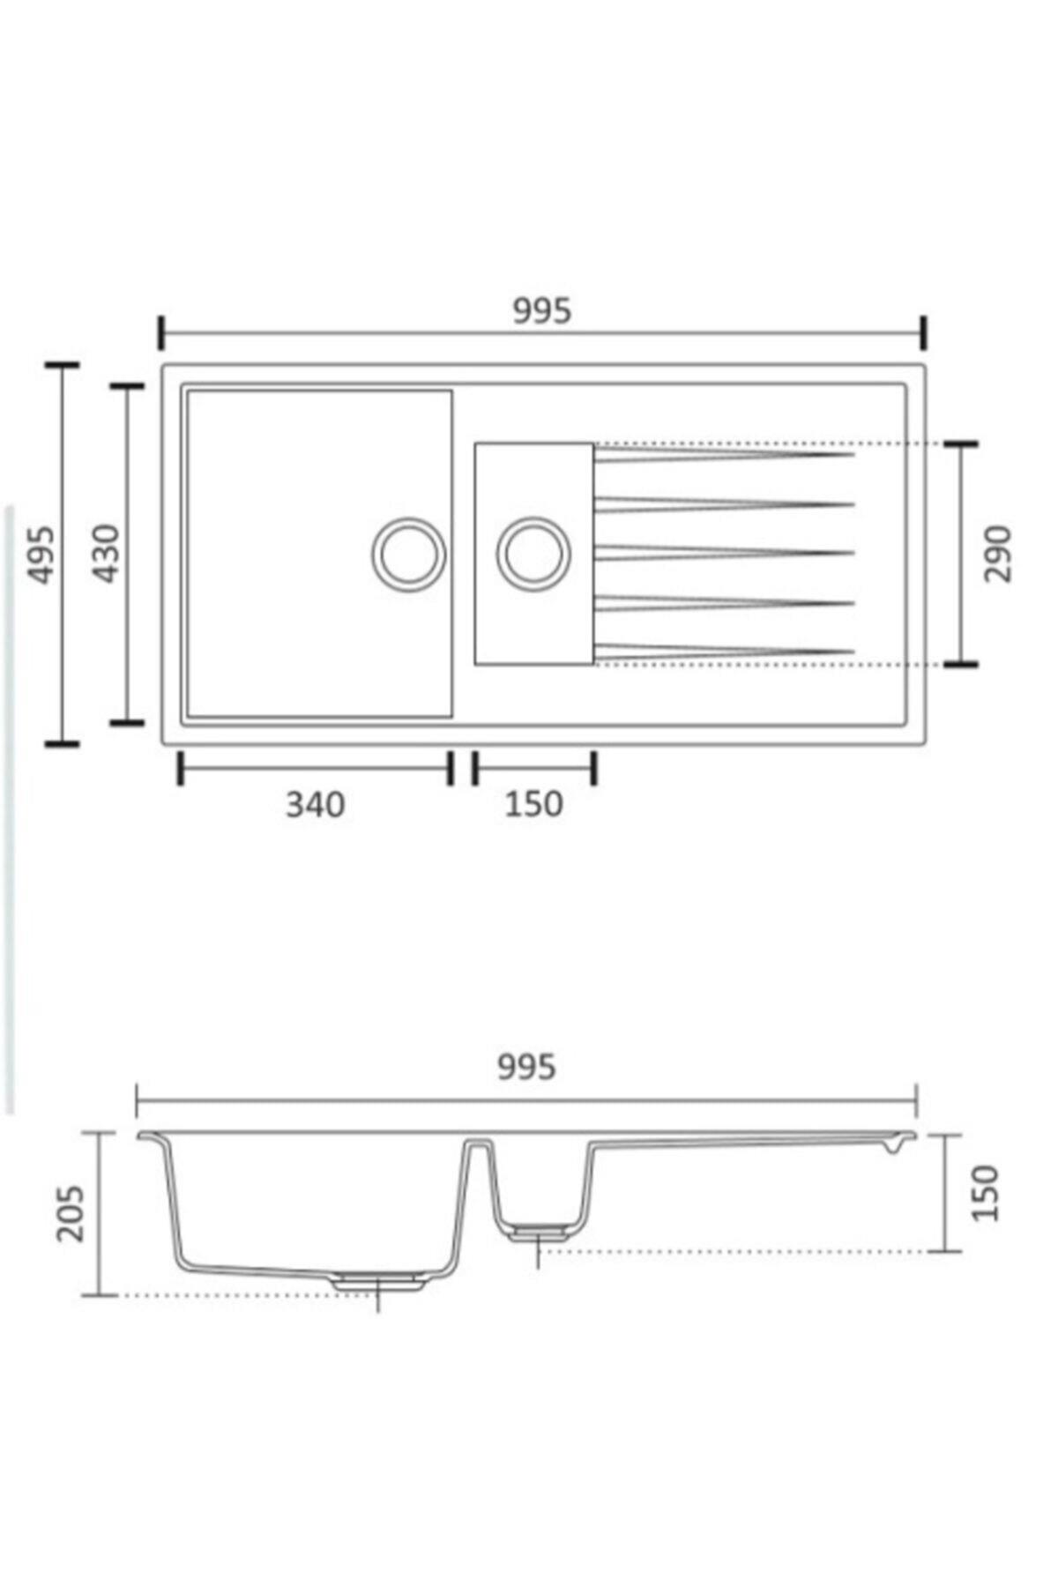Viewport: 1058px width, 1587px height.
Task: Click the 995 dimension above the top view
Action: pos(542,310)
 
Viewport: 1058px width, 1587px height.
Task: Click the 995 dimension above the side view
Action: pos(526,1067)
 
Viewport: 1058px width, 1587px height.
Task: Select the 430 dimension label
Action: pos(107,553)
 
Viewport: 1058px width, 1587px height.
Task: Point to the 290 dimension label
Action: pos(998,553)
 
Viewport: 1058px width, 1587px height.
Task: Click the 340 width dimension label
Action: pos(315,804)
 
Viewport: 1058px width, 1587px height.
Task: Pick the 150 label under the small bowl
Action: pos(533,804)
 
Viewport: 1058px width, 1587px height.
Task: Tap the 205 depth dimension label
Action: pos(70,1214)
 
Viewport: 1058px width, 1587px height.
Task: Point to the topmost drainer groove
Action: pos(723,454)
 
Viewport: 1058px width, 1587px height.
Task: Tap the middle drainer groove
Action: pos(723,553)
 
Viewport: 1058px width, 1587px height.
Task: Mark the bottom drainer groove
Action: pos(723,652)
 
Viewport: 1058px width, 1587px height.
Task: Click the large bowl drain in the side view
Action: pos(378,1280)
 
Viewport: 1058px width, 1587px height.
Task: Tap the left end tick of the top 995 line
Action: pos(161,334)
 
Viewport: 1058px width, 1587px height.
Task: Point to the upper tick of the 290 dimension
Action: pos(959,444)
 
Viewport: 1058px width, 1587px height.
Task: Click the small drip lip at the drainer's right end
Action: pos(892,1147)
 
